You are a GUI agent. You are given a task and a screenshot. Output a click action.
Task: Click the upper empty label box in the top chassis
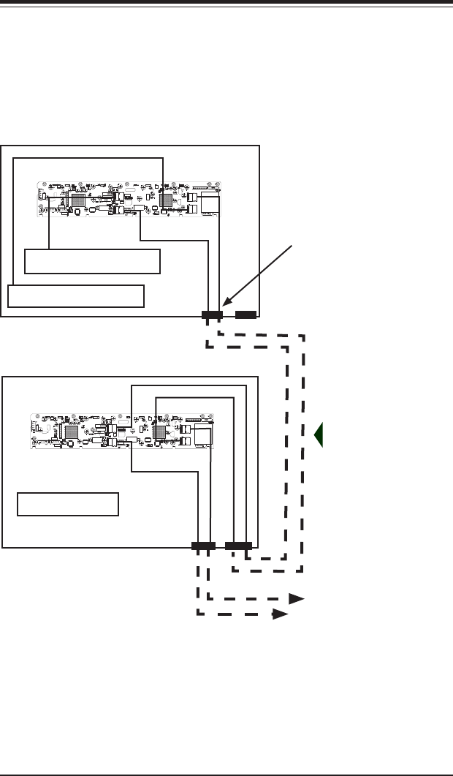coord(92,261)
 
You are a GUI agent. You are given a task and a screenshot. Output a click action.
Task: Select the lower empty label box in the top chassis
coord(76,296)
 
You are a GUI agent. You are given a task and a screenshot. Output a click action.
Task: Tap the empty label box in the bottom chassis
coord(68,504)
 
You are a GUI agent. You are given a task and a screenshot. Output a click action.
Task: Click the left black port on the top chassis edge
coord(212,315)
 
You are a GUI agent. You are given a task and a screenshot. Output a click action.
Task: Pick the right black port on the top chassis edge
coord(245,315)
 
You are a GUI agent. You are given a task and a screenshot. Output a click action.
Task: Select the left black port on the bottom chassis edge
coord(203,546)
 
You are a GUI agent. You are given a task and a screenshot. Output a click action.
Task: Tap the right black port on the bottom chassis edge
coord(238,546)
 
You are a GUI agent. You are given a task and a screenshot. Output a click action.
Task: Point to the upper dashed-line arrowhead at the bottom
coord(296,598)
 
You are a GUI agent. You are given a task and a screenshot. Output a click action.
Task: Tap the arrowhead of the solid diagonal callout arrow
coord(224,305)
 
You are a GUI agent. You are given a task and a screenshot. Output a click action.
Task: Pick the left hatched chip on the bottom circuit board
coord(72,432)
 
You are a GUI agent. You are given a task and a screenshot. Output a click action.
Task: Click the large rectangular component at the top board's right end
coord(210,203)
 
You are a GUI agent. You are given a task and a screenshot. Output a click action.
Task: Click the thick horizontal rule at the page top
coord(226,3)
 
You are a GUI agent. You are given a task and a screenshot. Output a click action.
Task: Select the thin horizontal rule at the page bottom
coord(226,772)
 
